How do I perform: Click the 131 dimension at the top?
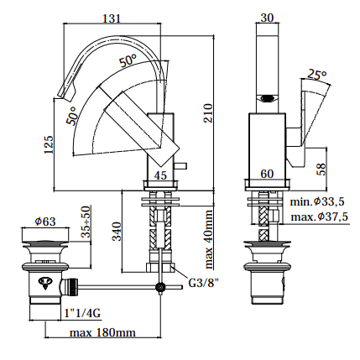pos(112,18)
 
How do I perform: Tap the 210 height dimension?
pos(208,113)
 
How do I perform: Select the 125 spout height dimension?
pos(49,144)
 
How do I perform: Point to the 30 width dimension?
pos(267,18)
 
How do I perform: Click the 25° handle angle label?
pos(317,75)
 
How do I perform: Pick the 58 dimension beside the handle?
pos(322,170)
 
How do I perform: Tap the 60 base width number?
pos(267,174)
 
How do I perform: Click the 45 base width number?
pos(160,175)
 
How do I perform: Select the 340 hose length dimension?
pos(117,231)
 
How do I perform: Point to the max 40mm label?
pos(208,239)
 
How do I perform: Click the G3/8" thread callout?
pos(203,283)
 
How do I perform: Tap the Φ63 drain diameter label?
pos(45,222)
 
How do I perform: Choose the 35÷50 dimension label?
pos(86,222)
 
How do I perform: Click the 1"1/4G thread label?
pos(82,313)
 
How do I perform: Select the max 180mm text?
pos(102,332)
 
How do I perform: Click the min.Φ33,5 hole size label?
pos(317,201)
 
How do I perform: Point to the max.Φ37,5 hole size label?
pos(319,217)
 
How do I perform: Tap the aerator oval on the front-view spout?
pos(268,98)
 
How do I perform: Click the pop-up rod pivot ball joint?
pos(160,287)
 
